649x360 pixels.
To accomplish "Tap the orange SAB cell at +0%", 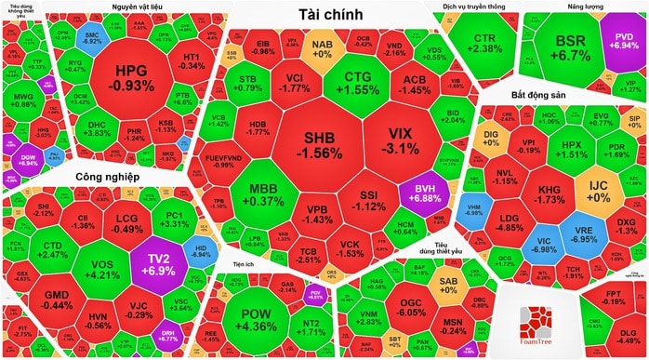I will [x=448, y=284].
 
